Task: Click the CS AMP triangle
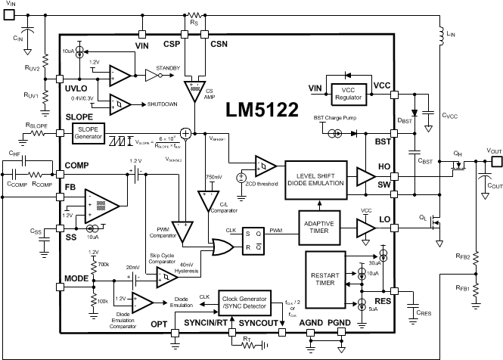tap(194, 88)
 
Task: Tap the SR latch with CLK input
tap(254, 239)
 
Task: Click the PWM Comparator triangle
tap(182, 228)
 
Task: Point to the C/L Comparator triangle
tap(207, 201)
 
